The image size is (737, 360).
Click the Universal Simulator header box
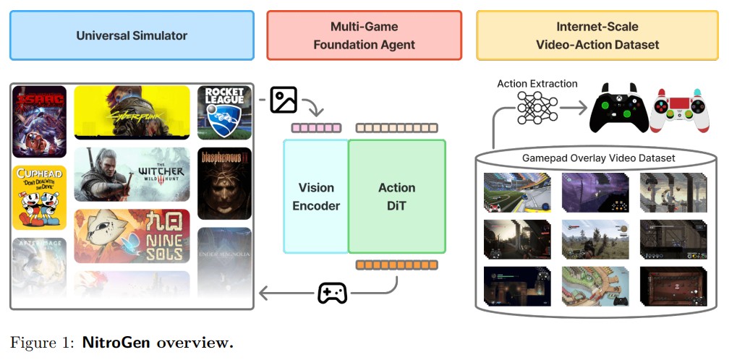(x=132, y=35)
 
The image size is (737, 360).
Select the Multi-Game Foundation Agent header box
(x=364, y=35)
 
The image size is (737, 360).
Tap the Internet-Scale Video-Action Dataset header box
(x=597, y=35)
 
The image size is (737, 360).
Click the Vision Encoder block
(x=316, y=196)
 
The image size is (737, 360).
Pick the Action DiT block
(x=397, y=196)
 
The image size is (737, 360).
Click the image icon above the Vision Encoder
(x=284, y=100)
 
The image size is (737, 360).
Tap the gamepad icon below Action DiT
(x=333, y=293)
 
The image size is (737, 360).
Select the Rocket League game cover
(x=224, y=112)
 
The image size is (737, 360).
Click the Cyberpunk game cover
(x=132, y=112)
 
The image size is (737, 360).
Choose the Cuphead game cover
(x=40, y=197)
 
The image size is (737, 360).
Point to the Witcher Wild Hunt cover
(x=132, y=174)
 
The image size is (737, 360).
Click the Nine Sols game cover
(x=132, y=236)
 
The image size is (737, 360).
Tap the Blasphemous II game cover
(x=224, y=183)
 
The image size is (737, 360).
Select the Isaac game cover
(x=40, y=121)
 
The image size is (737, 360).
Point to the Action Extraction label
(x=537, y=84)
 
